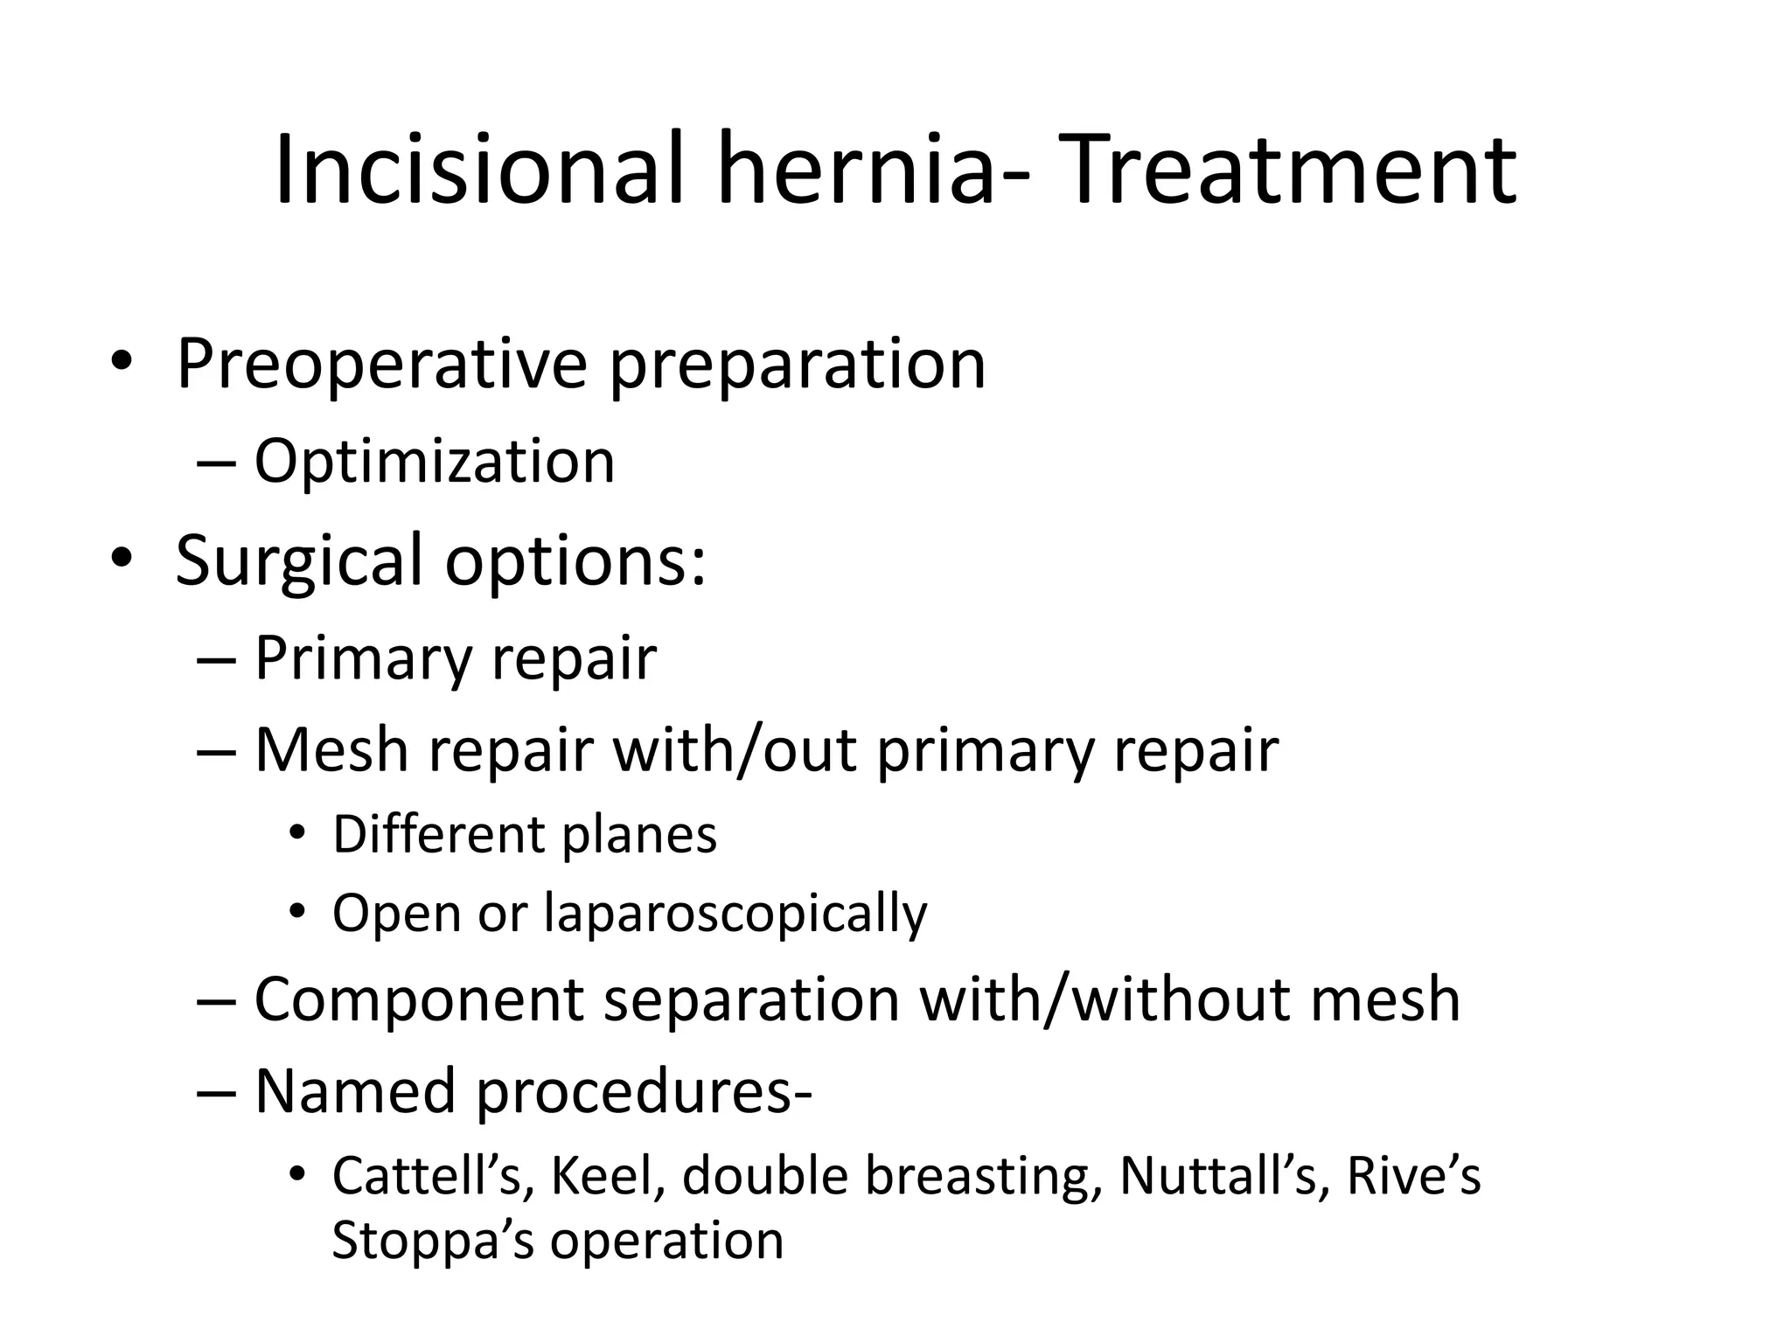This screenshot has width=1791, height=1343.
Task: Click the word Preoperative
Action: click(x=381, y=364)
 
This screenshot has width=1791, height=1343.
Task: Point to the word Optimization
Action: click(x=435, y=461)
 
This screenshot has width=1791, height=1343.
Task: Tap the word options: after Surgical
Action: click(x=575, y=560)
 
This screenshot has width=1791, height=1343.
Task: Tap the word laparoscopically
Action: click(x=735, y=914)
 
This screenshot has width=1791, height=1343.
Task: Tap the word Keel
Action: click(x=603, y=1176)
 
